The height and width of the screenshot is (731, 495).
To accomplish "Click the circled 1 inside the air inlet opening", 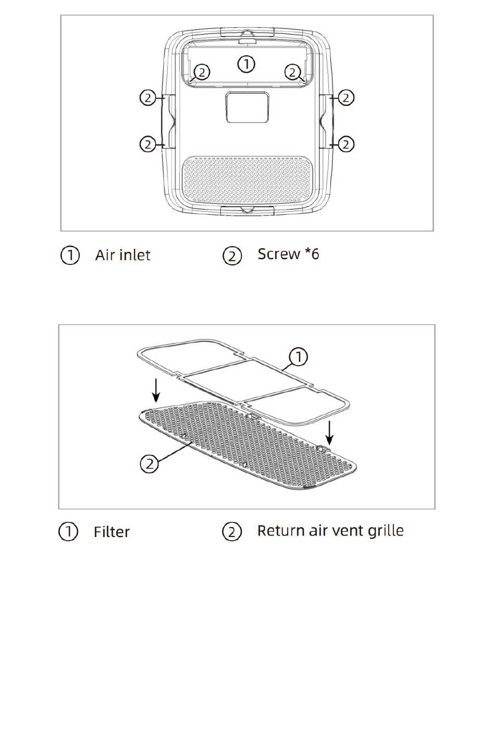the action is click(x=246, y=64).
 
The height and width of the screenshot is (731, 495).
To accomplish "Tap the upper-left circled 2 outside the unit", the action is click(x=148, y=98).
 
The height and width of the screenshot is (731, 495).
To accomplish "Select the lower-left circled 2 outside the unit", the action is click(x=148, y=144).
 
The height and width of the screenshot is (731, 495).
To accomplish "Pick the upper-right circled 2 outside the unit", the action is click(x=346, y=98).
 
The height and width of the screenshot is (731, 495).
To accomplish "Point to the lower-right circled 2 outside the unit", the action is click(x=346, y=144).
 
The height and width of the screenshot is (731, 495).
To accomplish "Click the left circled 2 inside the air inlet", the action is click(x=202, y=72).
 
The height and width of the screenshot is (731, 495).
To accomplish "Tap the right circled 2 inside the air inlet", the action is click(x=292, y=72).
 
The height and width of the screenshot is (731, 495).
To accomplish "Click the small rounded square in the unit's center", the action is click(x=247, y=107).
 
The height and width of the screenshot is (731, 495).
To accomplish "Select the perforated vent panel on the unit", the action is click(x=247, y=179).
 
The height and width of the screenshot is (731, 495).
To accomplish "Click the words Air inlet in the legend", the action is click(x=122, y=255).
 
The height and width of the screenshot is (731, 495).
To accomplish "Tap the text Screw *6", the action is click(x=288, y=254).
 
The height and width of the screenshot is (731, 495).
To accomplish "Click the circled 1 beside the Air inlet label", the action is click(x=70, y=255).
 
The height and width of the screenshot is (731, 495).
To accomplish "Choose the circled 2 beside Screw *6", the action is click(x=232, y=256).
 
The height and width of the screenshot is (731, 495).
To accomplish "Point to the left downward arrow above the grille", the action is click(x=156, y=391).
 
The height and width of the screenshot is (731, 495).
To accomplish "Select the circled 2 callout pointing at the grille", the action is click(x=150, y=464).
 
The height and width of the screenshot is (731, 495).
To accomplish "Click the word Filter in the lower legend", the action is click(x=112, y=532).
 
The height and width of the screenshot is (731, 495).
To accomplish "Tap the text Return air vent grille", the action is click(x=330, y=531).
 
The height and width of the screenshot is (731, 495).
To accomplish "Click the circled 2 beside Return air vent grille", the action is click(x=232, y=532).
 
